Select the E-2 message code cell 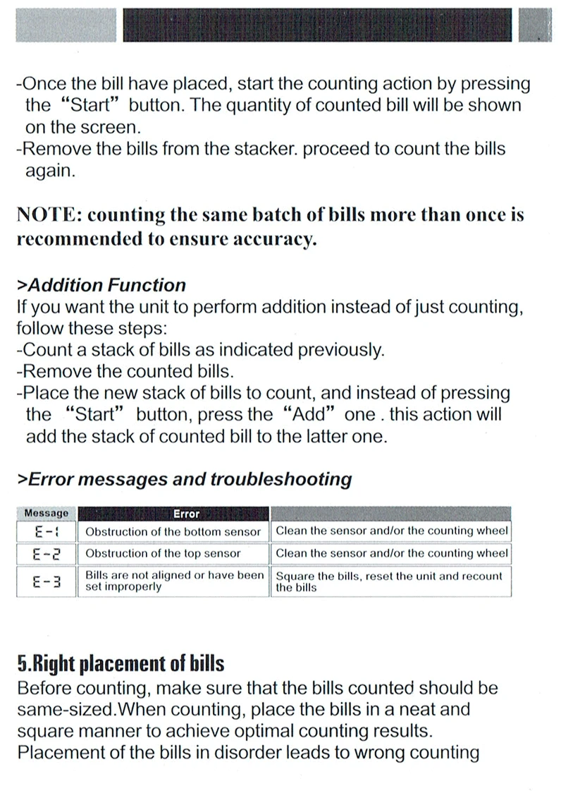pyautogui.click(x=47, y=553)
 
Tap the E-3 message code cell pyautogui.click(x=47, y=581)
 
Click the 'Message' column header pyautogui.click(x=47, y=514)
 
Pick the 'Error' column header pyautogui.click(x=186, y=514)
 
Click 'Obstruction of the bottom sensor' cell pyautogui.click(x=173, y=531)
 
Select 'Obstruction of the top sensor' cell pyautogui.click(x=163, y=553)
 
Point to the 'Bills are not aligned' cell pyautogui.click(x=174, y=581)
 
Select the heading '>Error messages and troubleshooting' pyautogui.click(x=184, y=480)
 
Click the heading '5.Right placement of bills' pyautogui.click(x=121, y=664)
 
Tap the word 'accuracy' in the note pyautogui.click(x=273, y=239)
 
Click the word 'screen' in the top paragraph pyautogui.click(x=114, y=128)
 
